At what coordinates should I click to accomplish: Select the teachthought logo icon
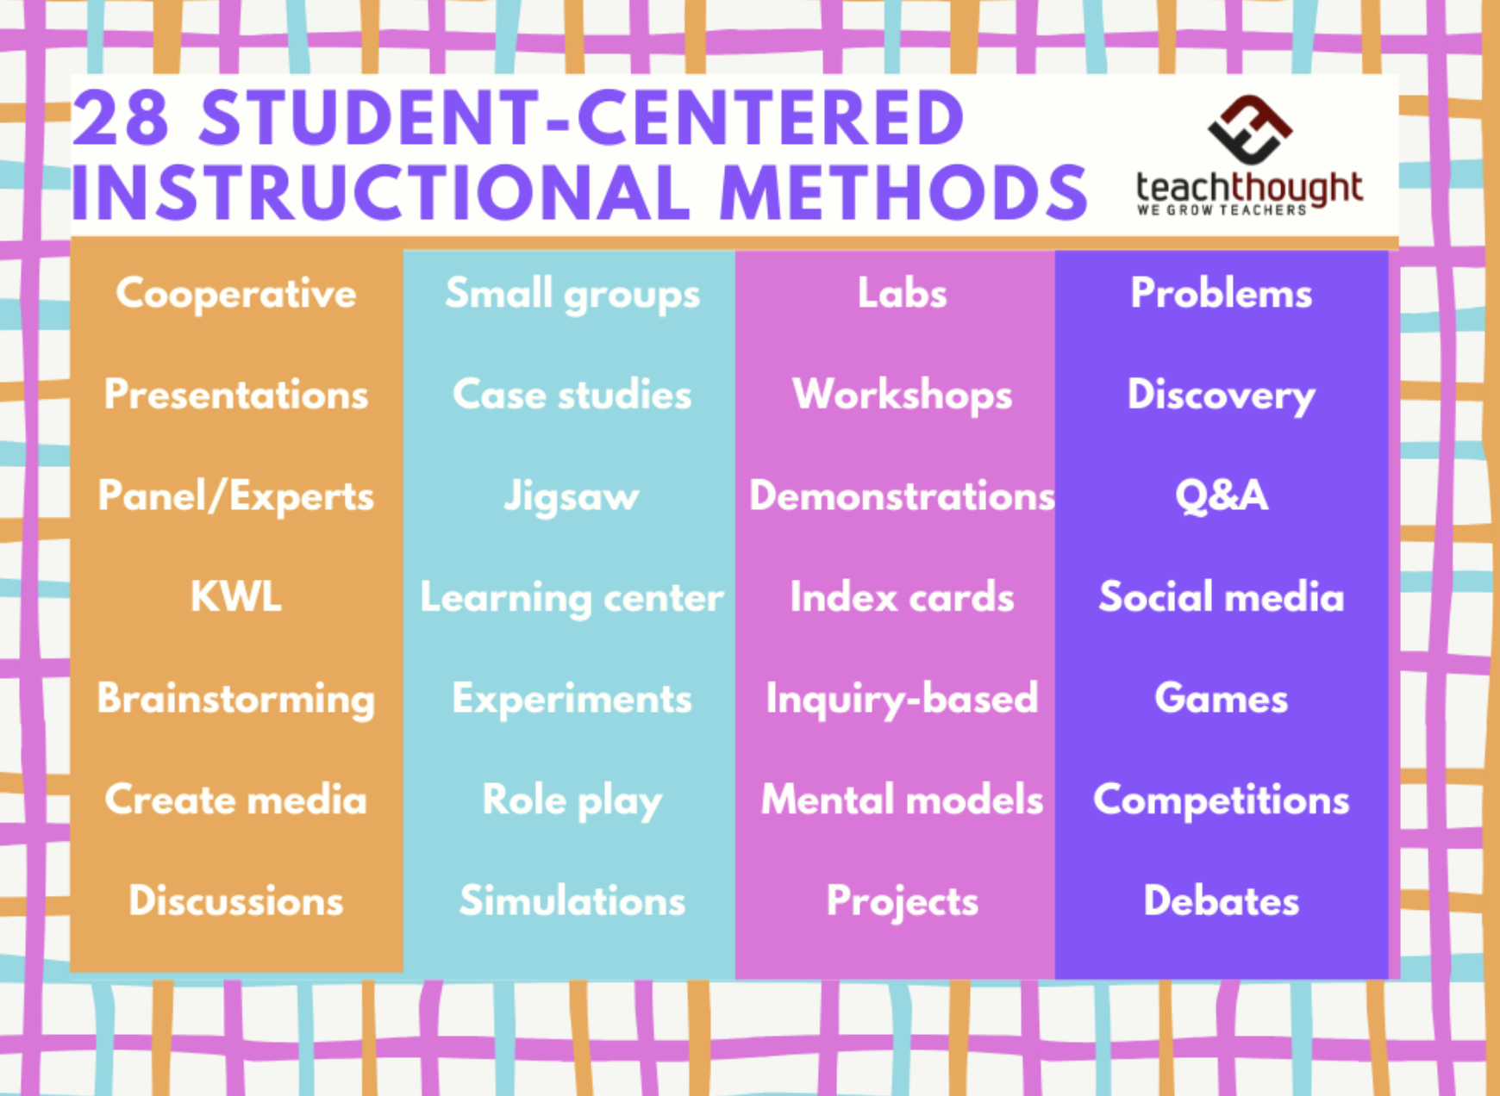[x=1249, y=129]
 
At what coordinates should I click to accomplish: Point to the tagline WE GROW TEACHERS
[x=1222, y=210]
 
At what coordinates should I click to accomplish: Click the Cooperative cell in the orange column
[x=236, y=293]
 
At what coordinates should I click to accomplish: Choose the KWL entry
[x=236, y=596]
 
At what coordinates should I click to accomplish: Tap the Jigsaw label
[x=572, y=497]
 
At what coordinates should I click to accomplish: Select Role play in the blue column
[x=572, y=801]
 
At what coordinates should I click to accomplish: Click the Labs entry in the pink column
[x=903, y=293]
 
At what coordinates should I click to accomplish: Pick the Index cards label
[x=903, y=596]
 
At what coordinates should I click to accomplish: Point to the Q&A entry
[x=1222, y=495]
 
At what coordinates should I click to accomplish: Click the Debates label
[x=1222, y=900]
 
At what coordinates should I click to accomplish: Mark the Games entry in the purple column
[x=1222, y=698]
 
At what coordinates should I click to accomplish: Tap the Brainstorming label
[x=236, y=700]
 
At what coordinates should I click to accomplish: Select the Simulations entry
[x=572, y=900]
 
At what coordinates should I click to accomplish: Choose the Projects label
[x=903, y=902]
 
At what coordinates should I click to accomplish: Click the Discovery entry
[x=1222, y=396]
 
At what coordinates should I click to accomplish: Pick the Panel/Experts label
[x=236, y=497]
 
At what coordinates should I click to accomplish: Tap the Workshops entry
[x=903, y=396]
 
